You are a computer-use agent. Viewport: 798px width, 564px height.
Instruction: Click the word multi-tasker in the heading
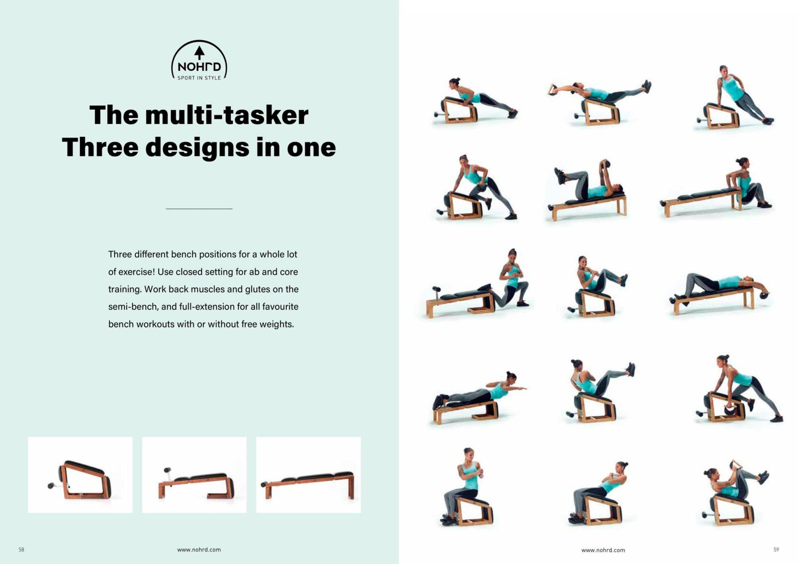tap(227, 115)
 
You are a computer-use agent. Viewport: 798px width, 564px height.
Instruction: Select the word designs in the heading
tap(197, 148)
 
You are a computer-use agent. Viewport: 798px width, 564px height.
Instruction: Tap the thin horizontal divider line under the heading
tap(199, 209)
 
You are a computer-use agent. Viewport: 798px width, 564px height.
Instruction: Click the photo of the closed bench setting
tap(80, 475)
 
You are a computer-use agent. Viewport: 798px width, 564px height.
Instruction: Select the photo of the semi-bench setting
tap(194, 475)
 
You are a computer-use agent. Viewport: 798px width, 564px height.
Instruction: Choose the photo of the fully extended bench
tap(308, 475)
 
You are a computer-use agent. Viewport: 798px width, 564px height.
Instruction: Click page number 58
tap(22, 550)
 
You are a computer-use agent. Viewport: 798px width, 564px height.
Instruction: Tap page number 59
tap(776, 550)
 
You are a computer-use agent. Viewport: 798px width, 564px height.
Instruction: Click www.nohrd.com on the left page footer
tap(199, 550)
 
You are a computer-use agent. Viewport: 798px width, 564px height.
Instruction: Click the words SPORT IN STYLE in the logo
tap(199, 78)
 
